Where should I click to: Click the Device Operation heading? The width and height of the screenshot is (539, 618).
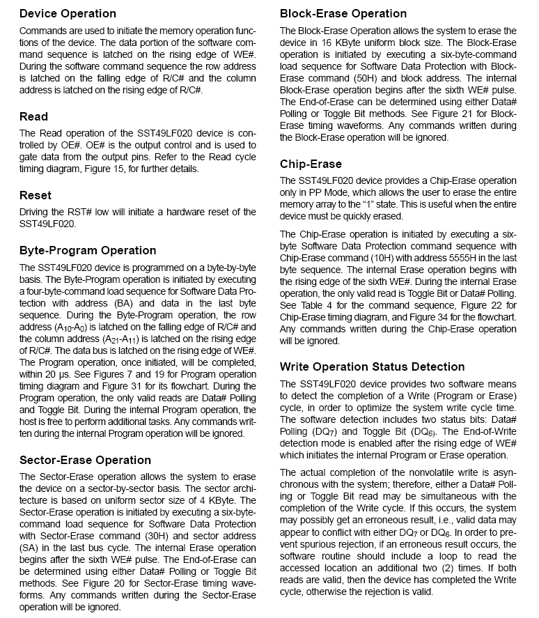click(x=68, y=13)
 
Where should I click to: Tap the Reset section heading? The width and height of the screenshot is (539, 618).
click(x=36, y=195)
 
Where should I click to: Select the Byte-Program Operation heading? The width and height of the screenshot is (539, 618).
click(x=88, y=250)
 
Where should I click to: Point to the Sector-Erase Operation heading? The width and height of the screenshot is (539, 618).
click(x=85, y=460)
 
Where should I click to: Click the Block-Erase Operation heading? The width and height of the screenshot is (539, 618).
click(x=343, y=13)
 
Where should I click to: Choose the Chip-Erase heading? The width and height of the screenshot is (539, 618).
click(x=311, y=164)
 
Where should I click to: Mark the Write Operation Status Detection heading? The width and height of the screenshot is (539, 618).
click(x=372, y=366)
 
